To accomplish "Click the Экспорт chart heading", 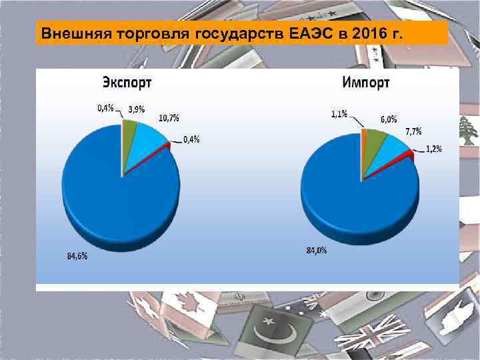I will pos(127,83).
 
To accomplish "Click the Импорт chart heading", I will pos(366,83).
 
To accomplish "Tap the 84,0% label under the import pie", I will pos(316,251).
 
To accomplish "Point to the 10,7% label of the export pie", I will pos(169,118).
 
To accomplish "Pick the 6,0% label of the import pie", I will pos(389,119).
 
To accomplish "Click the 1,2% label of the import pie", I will pos(433,149).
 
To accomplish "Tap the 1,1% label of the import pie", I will pos(339,114).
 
